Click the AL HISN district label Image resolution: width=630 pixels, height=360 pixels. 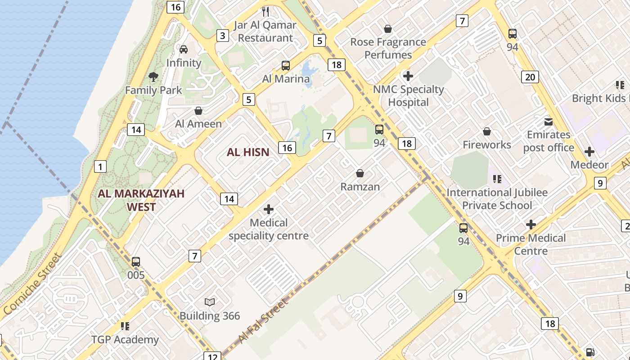point(248,152)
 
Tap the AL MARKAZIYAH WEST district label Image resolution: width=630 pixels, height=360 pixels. point(141,200)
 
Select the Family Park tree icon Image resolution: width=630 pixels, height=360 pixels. point(153,77)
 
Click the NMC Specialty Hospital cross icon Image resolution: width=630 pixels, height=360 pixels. point(408,76)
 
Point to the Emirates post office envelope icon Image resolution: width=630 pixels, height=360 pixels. point(548,121)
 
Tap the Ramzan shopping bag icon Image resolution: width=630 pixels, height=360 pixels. point(360,173)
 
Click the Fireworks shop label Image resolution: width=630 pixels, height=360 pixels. point(487,144)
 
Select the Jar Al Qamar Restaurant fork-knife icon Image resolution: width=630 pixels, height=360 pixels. point(265,12)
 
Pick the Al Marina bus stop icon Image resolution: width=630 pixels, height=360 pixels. point(286,66)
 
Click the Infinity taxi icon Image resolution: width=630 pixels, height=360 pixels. point(184,49)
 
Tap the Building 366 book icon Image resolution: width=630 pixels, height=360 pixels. point(210,302)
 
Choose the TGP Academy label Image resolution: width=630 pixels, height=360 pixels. point(125,339)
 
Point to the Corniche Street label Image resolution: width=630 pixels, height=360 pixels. point(31,284)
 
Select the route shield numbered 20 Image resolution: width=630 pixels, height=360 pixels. point(530,77)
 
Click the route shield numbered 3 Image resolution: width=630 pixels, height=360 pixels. point(222,35)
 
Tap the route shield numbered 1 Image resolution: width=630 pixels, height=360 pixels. point(100,167)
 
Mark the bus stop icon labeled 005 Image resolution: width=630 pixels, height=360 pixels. point(136,261)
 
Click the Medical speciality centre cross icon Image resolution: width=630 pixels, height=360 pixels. point(269,209)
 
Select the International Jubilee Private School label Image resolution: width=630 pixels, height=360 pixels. point(497,199)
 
